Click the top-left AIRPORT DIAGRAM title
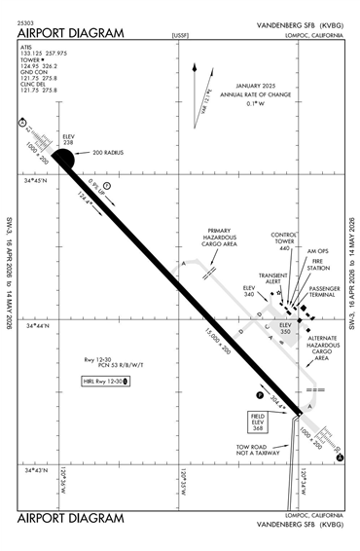(70, 32)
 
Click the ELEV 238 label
(68, 139)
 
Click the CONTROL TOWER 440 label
(284, 241)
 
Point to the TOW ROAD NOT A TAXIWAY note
(255, 451)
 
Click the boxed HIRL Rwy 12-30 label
(108, 380)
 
